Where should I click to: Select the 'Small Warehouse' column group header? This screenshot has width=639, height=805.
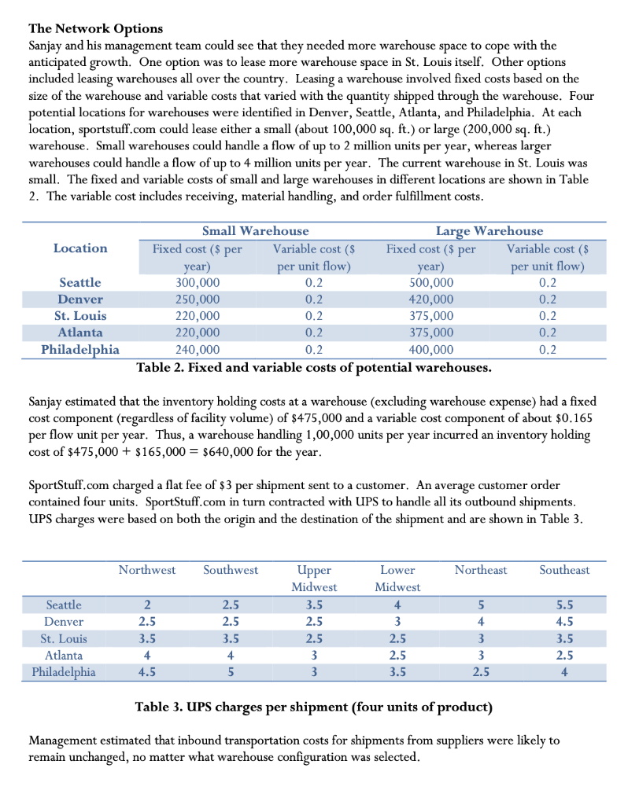tap(255, 230)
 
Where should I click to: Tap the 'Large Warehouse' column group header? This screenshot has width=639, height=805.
tap(489, 230)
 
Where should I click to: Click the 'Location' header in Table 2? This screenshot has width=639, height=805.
tap(80, 248)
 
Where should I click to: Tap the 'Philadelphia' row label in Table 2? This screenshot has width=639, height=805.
tap(80, 351)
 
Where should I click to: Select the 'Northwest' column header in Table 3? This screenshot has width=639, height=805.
tap(147, 570)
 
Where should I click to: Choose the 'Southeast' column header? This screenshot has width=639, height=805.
tap(564, 570)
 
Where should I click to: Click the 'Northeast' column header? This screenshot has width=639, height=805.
tap(480, 570)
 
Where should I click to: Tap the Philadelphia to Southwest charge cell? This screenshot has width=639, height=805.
tap(230, 672)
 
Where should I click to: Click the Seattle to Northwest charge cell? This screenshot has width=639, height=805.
tap(147, 605)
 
